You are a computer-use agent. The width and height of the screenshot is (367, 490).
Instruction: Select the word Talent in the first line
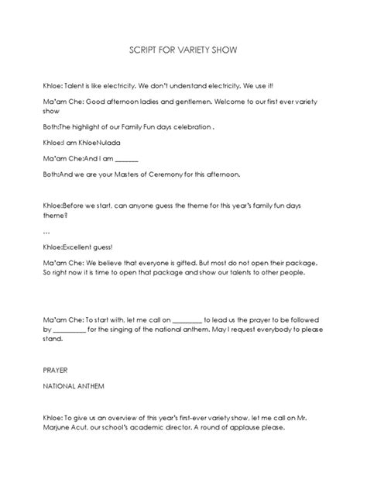pyautogui.click(x=79, y=86)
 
